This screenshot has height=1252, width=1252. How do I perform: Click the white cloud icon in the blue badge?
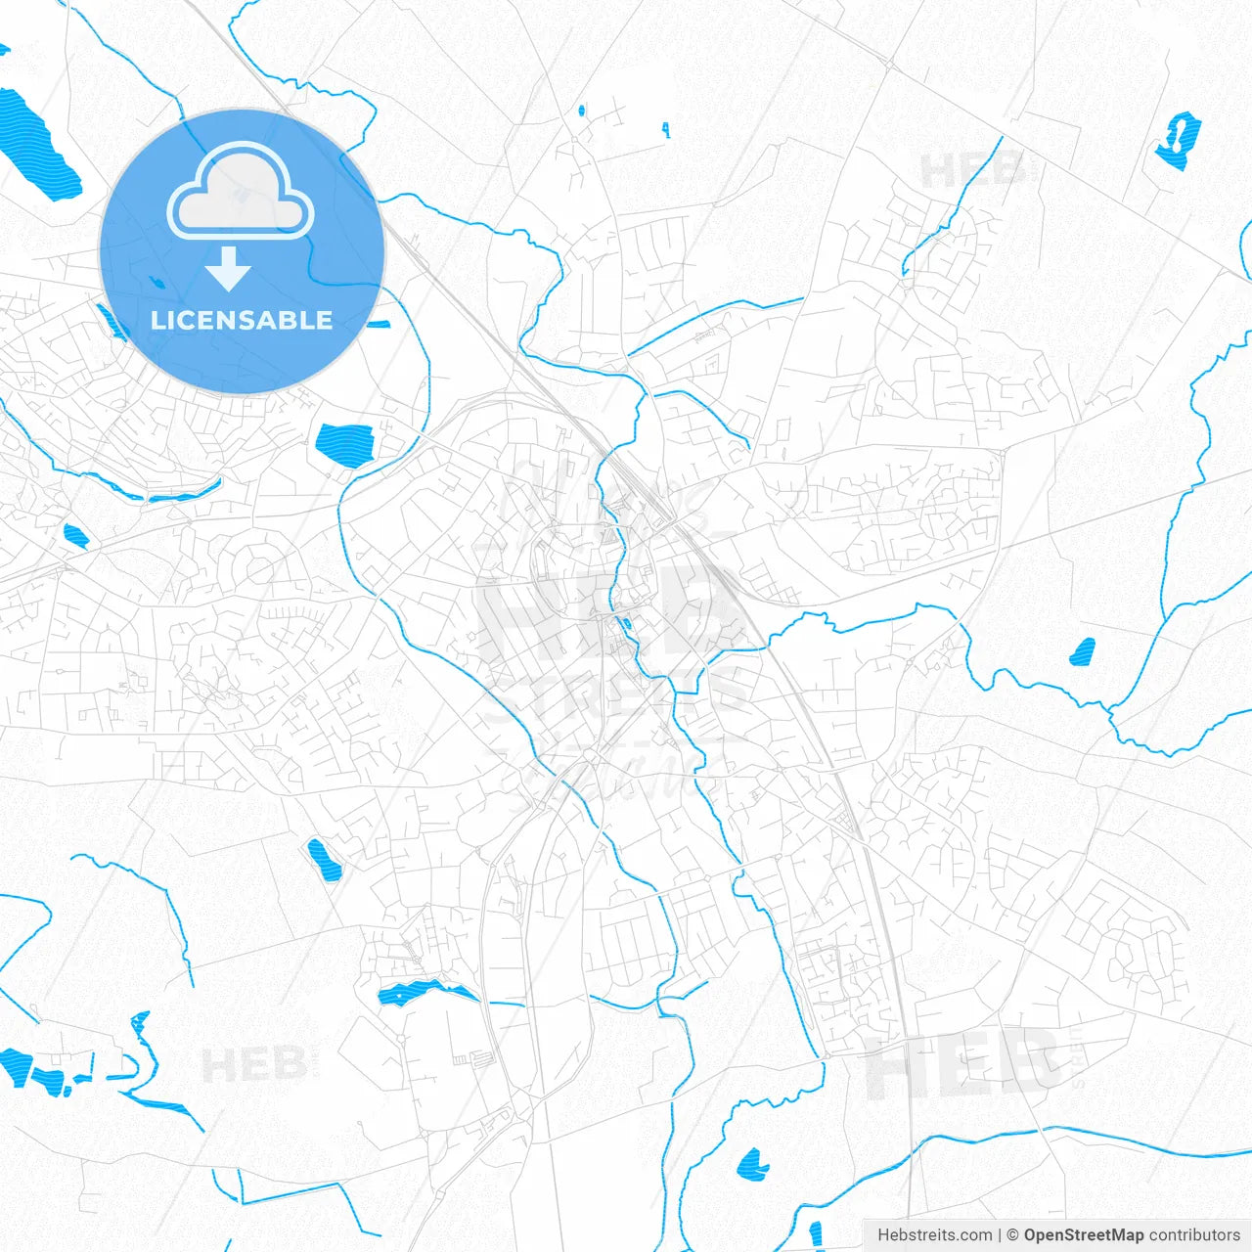[x=241, y=194]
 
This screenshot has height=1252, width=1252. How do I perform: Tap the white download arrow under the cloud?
[x=229, y=269]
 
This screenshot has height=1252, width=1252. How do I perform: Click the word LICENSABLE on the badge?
[x=242, y=320]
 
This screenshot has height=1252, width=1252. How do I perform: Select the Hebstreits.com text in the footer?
[x=934, y=1235]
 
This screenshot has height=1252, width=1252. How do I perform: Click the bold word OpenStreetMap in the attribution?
[x=1083, y=1235]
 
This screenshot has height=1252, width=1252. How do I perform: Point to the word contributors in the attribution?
[x=1194, y=1235]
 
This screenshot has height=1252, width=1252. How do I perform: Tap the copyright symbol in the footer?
[x=1012, y=1235]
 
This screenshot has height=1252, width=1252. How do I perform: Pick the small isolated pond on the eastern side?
[x=1082, y=651]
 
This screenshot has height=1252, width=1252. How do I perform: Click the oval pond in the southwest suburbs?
[x=322, y=858]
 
